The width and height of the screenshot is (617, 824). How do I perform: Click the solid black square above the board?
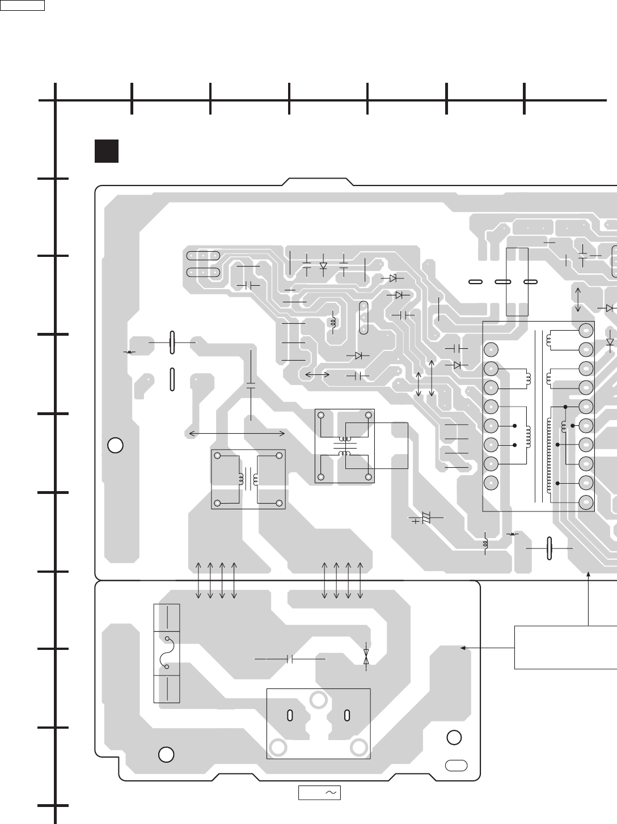point(107,151)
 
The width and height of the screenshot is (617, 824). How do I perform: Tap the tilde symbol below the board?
point(331,792)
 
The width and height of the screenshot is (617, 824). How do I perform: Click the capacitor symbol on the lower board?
point(290,659)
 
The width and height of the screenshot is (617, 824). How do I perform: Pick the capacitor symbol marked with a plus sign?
point(425,518)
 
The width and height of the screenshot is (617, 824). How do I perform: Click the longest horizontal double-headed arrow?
point(236,433)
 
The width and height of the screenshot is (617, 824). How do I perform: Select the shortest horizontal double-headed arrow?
point(318,375)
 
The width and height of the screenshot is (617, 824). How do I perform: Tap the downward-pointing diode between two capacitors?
point(324,265)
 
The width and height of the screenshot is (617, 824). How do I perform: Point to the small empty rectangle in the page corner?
point(23,6)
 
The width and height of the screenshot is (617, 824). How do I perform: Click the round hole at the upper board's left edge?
point(115,445)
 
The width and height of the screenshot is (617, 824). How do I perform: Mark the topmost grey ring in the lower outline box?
point(318,700)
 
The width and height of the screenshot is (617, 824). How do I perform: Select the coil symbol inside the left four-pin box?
point(248,479)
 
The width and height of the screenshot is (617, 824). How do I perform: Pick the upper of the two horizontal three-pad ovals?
point(203,256)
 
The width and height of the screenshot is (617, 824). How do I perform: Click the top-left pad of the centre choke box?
point(321,415)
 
